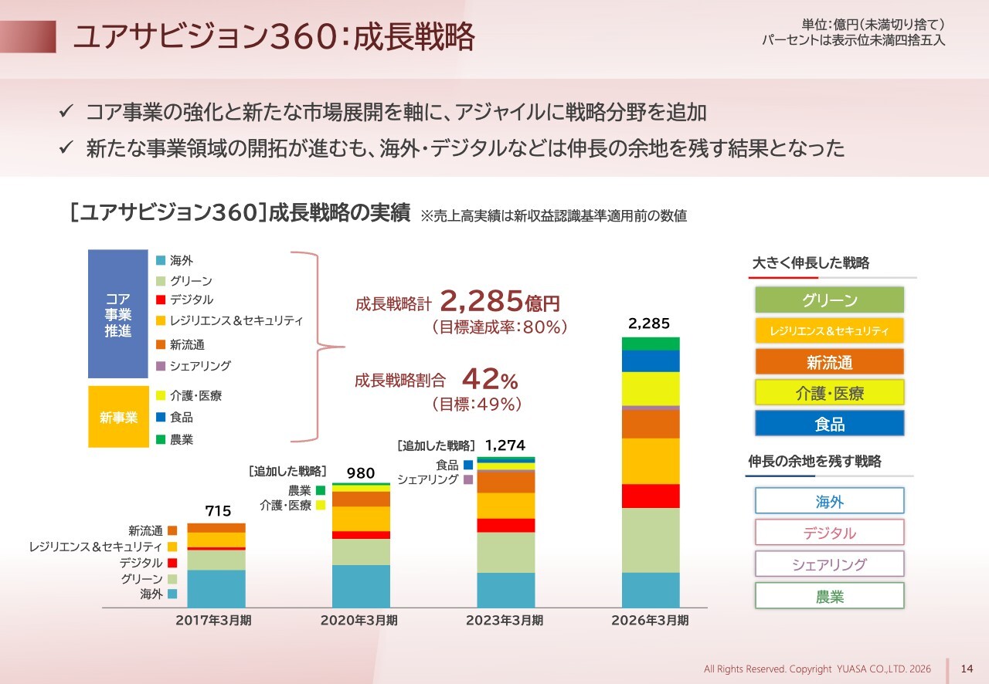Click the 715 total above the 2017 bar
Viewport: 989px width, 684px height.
coord(218,511)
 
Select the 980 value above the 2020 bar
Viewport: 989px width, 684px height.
coord(361,473)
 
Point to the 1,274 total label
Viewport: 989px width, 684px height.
coord(505,445)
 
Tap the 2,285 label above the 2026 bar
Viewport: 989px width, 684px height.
coord(649,323)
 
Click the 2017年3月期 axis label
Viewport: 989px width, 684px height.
coord(214,621)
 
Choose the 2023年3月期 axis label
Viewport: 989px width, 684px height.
coord(505,621)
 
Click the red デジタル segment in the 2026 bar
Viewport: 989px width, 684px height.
coord(651,496)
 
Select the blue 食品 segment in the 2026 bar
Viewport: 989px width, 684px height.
coord(651,361)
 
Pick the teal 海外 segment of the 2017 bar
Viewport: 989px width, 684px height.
coord(216,589)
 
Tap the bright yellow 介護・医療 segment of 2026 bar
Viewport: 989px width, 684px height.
coord(651,389)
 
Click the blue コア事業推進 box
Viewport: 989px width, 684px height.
coord(118,313)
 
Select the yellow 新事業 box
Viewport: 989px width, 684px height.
coord(118,417)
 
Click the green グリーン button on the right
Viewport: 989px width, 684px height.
coord(830,300)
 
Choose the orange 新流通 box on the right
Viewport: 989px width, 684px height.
coord(830,362)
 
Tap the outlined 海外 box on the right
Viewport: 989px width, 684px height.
coord(830,501)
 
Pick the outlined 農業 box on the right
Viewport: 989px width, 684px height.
coord(830,596)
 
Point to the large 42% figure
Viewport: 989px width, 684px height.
coord(490,379)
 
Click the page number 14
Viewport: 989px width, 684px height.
coord(967,669)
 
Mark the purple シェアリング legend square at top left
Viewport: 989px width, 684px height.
coord(161,366)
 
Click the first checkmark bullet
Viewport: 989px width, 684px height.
coord(66,110)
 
